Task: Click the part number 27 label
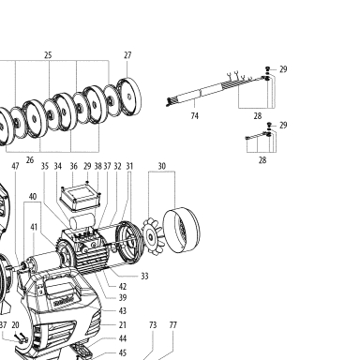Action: (127, 55)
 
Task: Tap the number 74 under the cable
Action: (194, 116)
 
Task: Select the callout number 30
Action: (161, 166)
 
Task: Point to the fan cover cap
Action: (182, 229)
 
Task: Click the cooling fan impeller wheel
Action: (152, 237)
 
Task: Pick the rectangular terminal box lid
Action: (81, 197)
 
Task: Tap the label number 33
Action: (144, 276)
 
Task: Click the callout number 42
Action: (123, 286)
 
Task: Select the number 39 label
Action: (123, 297)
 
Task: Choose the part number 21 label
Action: (123, 325)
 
